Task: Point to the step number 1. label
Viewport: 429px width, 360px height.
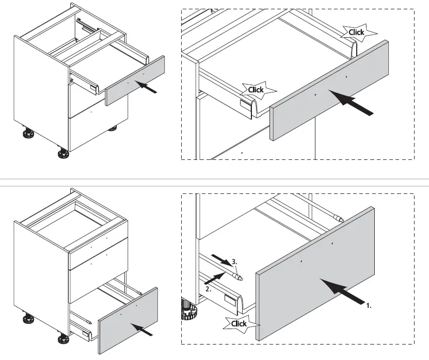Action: [x=368, y=305]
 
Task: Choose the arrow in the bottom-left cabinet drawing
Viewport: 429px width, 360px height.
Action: [x=139, y=329]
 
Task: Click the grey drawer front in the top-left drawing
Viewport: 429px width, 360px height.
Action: [x=135, y=81]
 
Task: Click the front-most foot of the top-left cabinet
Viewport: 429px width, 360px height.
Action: [x=63, y=153]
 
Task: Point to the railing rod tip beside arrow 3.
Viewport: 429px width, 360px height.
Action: [x=239, y=277]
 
